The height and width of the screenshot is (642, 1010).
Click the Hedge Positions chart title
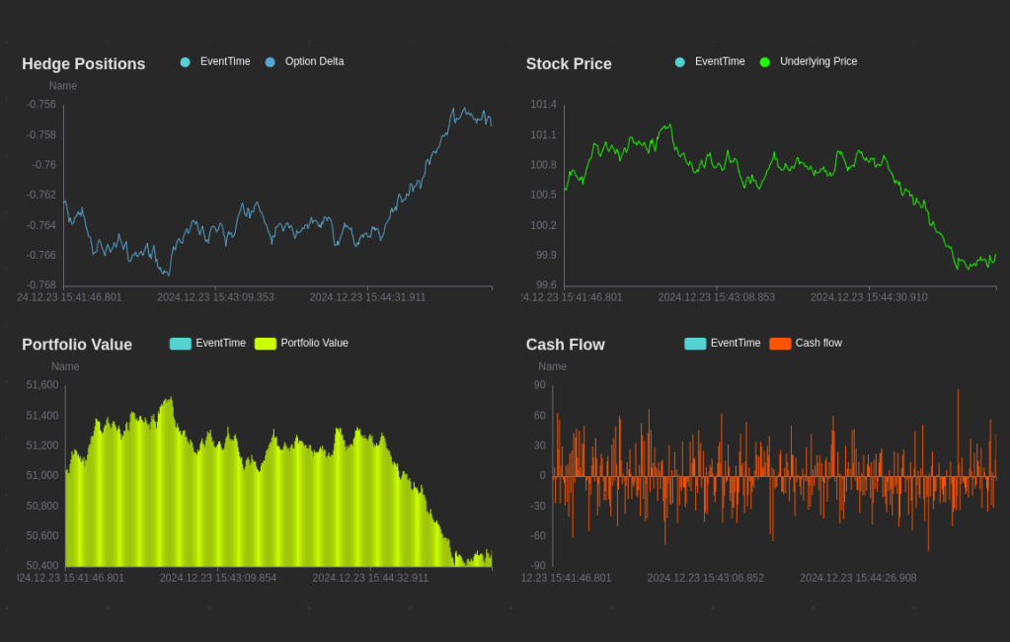point(84,64)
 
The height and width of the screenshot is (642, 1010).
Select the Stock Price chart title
point(569,64)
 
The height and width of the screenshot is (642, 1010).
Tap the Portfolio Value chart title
point(77,345)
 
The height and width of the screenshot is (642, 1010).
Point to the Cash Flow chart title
point(566,345)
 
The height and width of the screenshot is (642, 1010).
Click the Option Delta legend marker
point(271,62)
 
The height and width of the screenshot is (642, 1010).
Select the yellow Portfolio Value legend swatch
point(266,344)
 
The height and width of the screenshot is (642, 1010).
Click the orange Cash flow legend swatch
point(780,344)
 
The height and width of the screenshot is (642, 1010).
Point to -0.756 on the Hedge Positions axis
point(41,105)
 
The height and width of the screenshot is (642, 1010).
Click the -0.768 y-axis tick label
point(41,285)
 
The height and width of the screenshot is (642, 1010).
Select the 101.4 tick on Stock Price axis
point(543,105)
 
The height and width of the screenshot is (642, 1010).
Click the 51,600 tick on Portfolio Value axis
point(42,385)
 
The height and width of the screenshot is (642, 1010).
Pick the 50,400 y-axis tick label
point(42,566)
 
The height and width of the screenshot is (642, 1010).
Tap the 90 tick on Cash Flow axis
point(539,385)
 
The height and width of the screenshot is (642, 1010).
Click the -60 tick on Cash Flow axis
point(537,536)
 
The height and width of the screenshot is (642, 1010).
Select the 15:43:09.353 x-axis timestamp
point(215,297)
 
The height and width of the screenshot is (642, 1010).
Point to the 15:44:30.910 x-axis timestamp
point(869,297)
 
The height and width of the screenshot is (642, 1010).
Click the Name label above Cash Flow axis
point(553,366)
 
